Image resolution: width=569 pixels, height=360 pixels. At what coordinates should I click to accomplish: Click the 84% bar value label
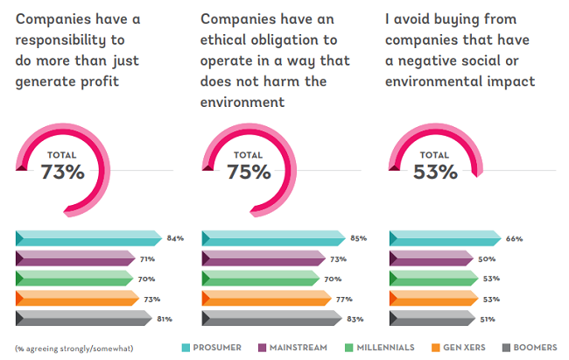pyautogui.click(x=174, y=238)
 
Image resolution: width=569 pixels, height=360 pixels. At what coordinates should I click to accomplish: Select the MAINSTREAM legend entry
pyautogui.click(x=297, y=348)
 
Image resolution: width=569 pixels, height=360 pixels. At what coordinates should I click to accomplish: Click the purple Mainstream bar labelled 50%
pyautogui.click(x=433, y=258)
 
